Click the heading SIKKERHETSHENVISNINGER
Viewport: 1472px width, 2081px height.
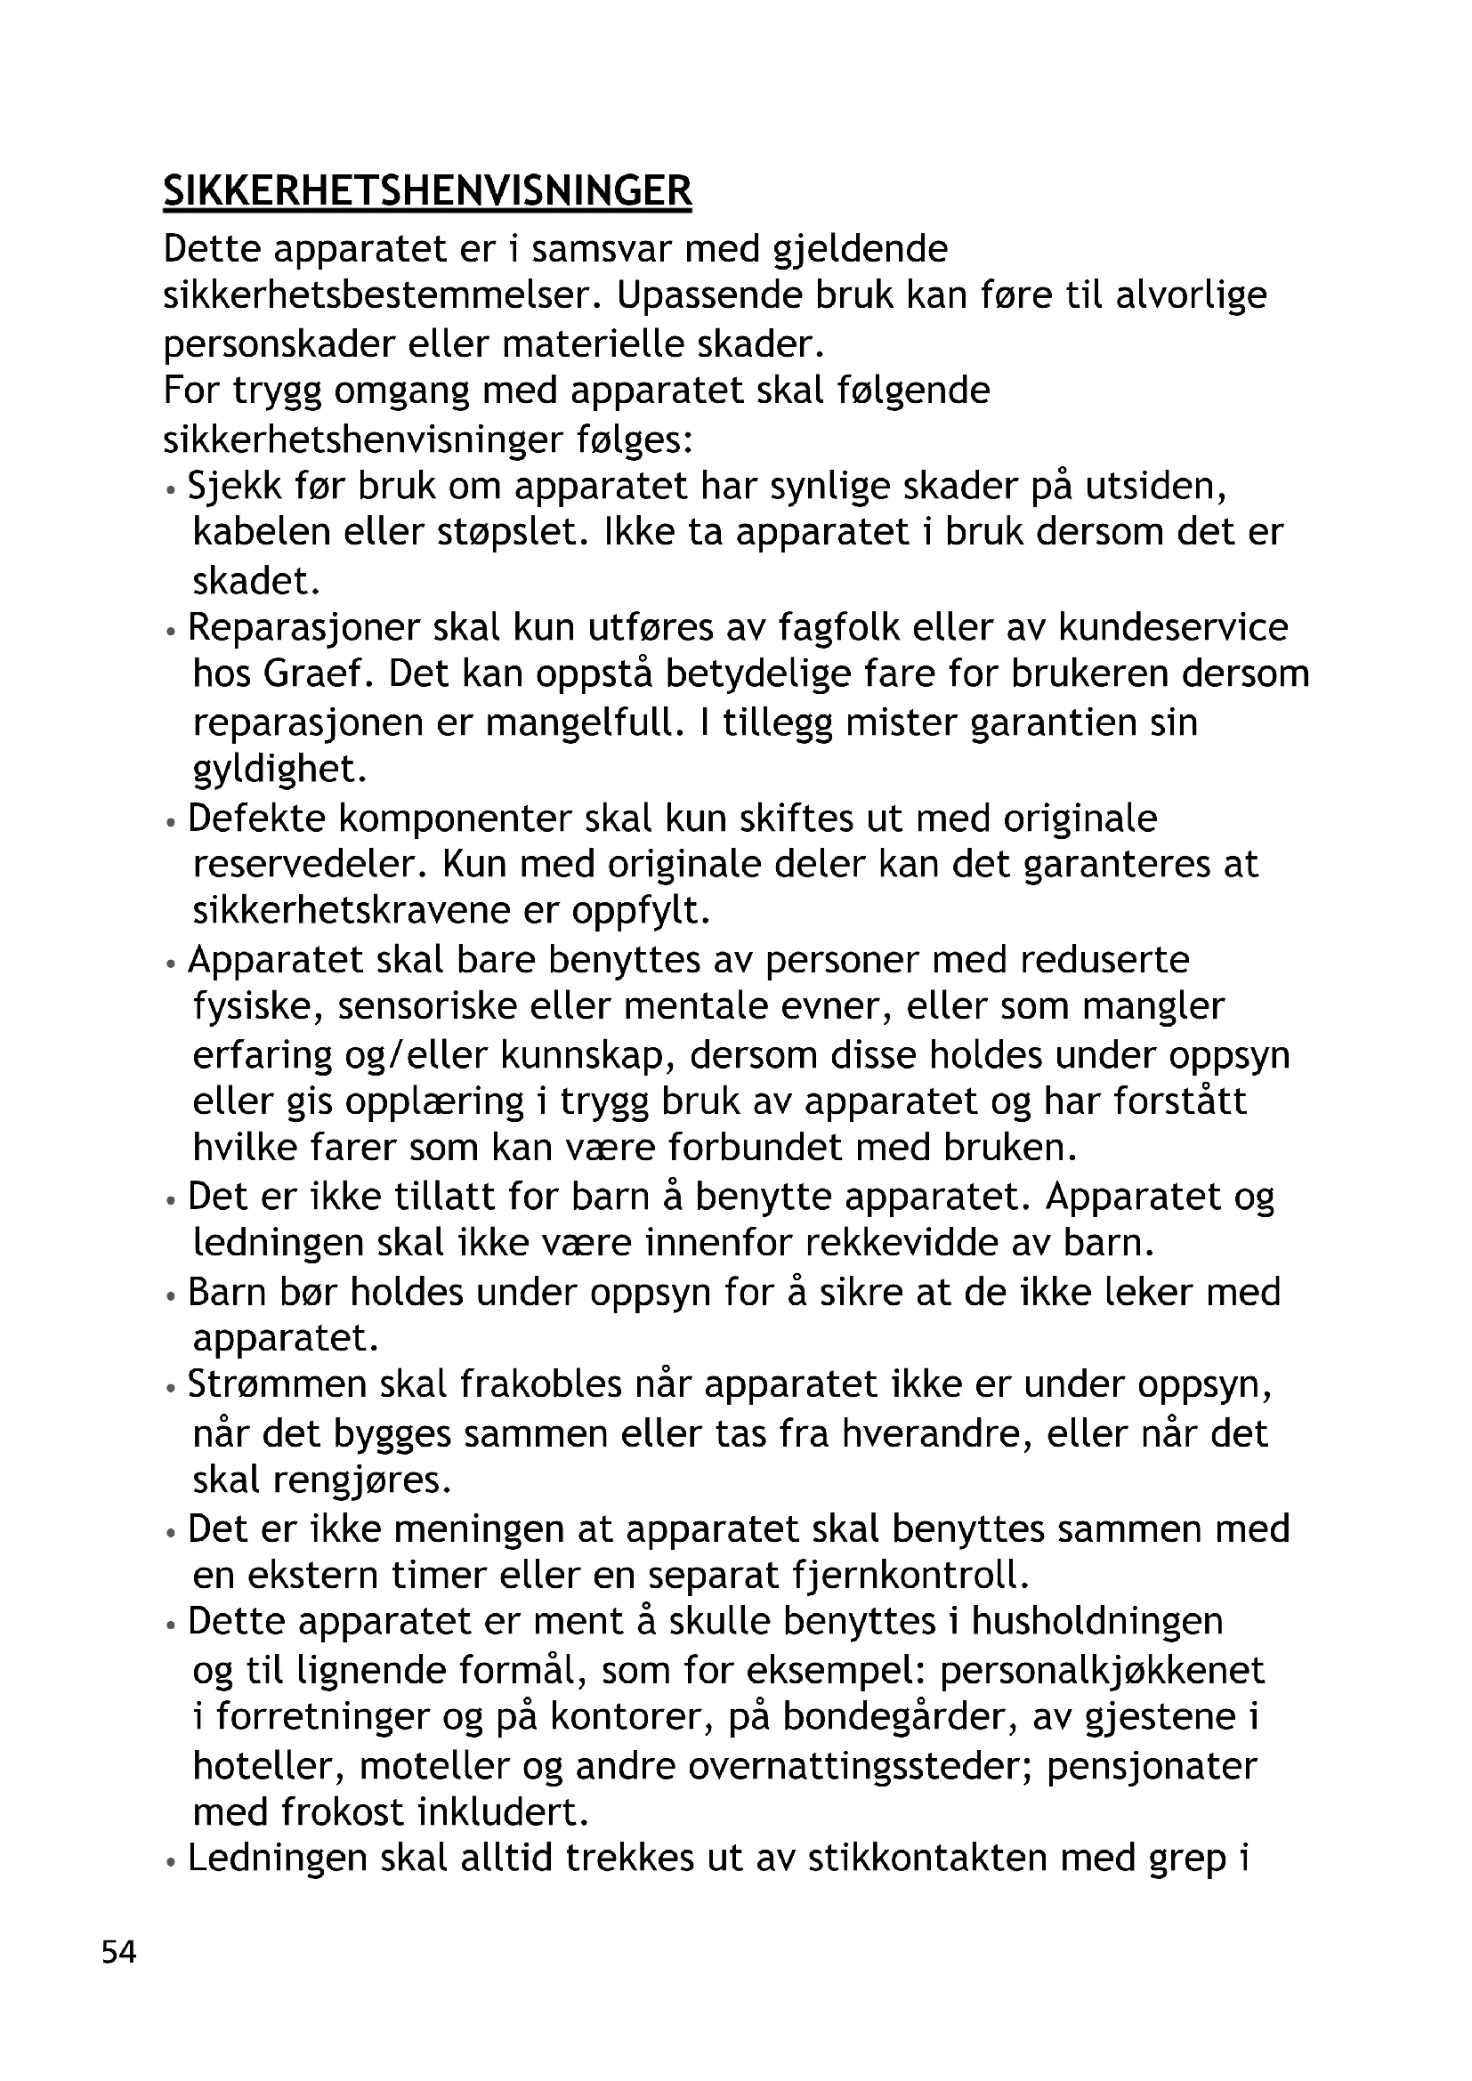pyautogui.click(x=427, y=191)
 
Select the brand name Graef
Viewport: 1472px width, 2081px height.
pyautogui.click(x=311, y=674)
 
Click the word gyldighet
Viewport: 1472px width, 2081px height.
pyautogui.click(x=280, y=770)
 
